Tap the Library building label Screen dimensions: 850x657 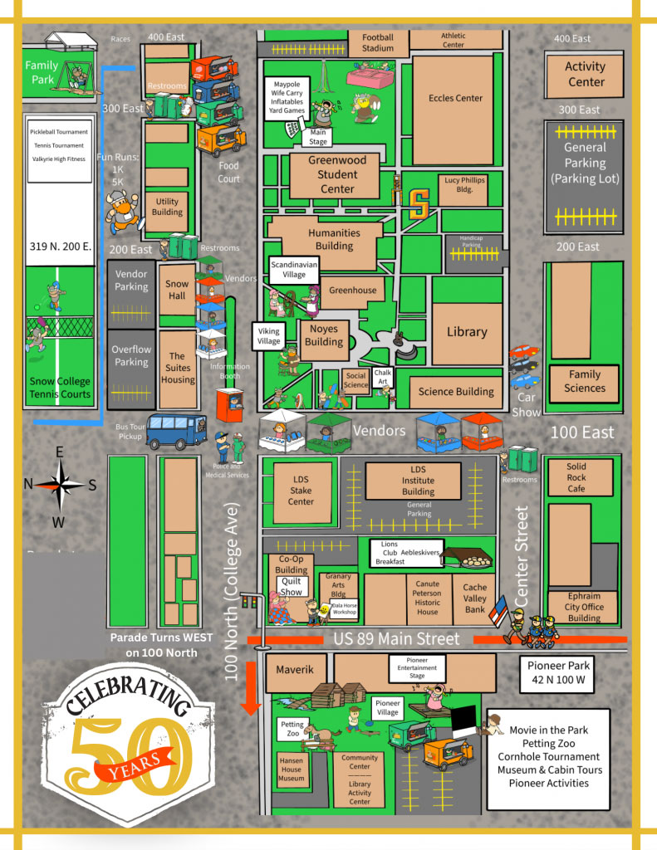[467, 332]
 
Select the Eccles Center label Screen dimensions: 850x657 [455, 98]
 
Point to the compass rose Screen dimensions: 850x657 [59, 486]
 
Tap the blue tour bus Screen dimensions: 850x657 [177, 431]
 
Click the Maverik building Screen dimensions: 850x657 [294, 669]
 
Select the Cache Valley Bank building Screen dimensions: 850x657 [475, 598]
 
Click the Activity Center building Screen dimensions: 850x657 [586, 74]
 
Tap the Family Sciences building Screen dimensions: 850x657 [585, 382]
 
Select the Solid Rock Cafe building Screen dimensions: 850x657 [576, 478]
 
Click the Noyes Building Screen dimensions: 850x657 [323, 336]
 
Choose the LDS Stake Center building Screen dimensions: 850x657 [301, 491]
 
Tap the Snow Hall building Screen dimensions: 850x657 [177, 290]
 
